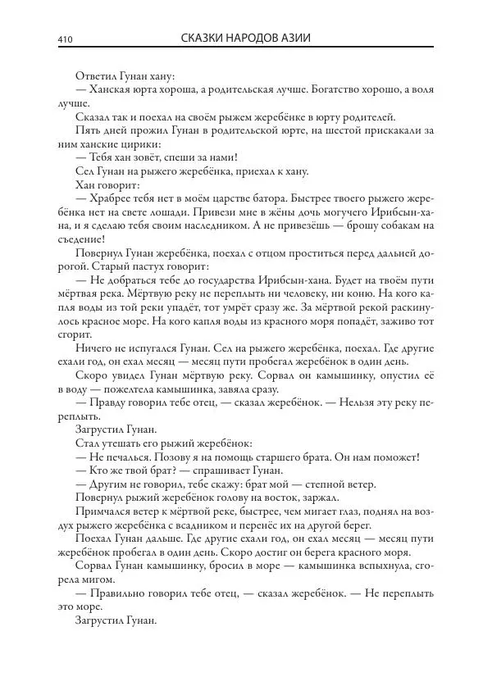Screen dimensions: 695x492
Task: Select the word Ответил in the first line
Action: coord(95,76)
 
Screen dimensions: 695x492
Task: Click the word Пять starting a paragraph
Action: coord(88,130)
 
